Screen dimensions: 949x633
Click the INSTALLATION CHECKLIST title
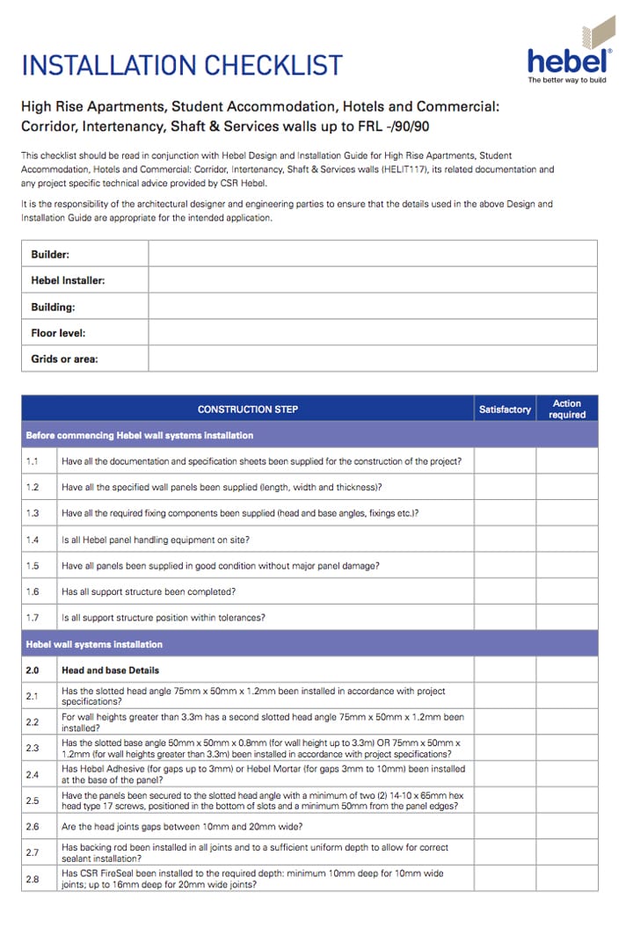(x=181, y=65)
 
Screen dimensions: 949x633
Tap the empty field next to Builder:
(x=372, y=254)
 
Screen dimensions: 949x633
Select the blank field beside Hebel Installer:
(x=372, y=280)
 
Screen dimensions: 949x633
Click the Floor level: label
(x=58, y=333)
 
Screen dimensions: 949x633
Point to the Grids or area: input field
(x=372, y=359)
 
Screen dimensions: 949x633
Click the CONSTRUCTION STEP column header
(x=247, y=409)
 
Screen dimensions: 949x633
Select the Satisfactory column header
(x=505, y=409)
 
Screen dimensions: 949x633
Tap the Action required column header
(x=567, y=409)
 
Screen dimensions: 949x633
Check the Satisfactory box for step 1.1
(x=505, y=461)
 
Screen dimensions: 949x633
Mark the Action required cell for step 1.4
(x=567, y=540)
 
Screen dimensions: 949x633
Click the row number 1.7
(x=33, y=618)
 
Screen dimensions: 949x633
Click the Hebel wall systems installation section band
(x=309, y=644)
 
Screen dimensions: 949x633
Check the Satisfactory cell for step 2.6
(x=505, y=826)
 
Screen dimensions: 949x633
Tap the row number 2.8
(x=33, y=879)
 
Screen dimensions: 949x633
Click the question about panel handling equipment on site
(x=155, y=540)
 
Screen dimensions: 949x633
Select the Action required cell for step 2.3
(x=567, y=749)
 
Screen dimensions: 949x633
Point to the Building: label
(x=53, y=307)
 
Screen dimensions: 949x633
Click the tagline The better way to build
(x=567, y=80)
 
